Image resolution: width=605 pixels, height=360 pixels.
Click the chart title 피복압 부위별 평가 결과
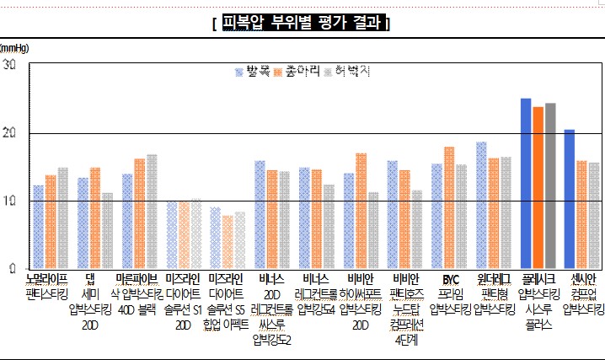coord(302,23)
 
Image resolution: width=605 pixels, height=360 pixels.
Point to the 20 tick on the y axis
coord(9,133)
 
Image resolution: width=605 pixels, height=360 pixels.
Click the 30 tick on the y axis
coord(9,65)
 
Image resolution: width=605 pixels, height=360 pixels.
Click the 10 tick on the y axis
coord(9,201)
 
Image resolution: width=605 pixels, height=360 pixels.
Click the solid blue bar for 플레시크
coord(526,184)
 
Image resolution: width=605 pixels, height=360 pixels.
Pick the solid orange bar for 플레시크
coord(538,188)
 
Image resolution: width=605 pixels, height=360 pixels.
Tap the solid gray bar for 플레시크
coord(550,186)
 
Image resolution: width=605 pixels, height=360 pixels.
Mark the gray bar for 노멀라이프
coord(63,218)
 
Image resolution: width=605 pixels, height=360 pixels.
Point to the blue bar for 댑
coord(83,223)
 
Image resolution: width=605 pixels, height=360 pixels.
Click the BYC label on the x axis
coord(450,278)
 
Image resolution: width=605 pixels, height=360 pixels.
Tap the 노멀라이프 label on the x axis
coord(47,278)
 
